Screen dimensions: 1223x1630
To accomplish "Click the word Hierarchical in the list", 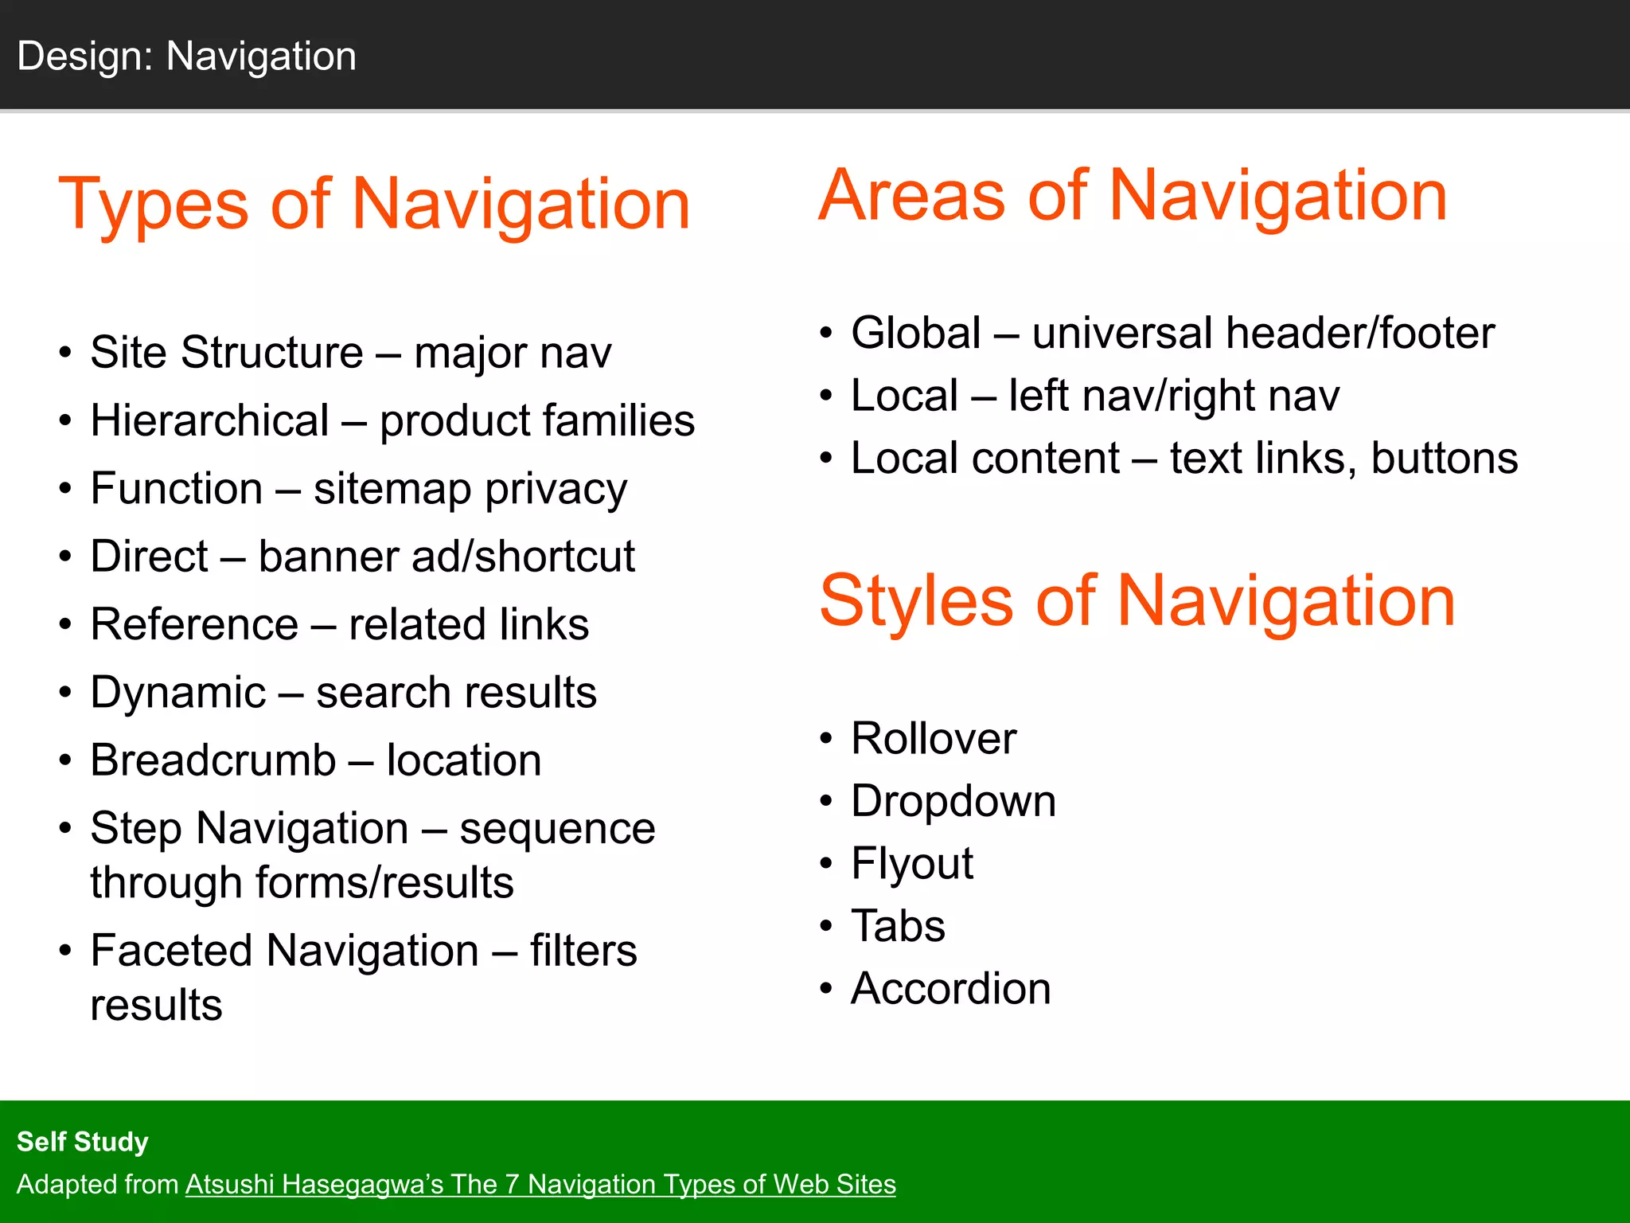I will tap(209, 420).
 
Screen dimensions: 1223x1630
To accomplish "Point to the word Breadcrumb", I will tap(213, 760).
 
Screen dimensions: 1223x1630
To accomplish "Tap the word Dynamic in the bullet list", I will tap(177, 693).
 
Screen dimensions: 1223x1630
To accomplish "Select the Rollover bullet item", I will tap(933, 738).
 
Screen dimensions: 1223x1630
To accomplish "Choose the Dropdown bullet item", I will tap(953, 801).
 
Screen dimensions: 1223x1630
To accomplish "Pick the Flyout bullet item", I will tap(911, 864).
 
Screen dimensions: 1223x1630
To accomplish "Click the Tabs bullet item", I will tap(898, 926).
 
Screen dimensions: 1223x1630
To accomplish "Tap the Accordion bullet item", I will tap(950, 989).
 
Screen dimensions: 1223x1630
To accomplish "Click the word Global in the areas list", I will tap(915, 333).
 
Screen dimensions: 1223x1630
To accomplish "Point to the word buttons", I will tap(1444, 459).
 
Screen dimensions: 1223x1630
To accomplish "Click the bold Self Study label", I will tap(83, 1142).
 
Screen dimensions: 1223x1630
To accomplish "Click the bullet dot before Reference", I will tap(65, 624).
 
